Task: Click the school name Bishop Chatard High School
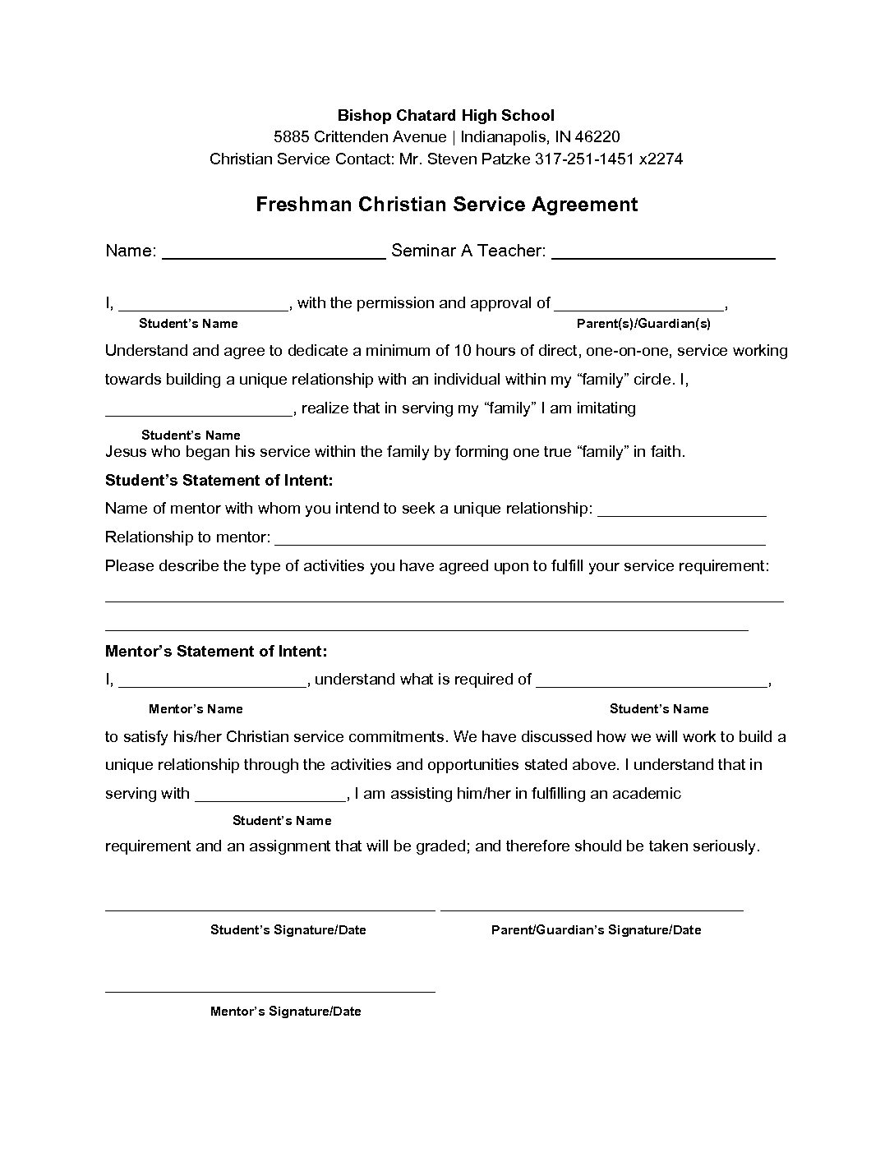pos(446,115)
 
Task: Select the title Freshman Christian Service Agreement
pos(446,205)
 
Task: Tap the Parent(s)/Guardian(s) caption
pos(643,324)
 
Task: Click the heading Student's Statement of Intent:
pos(219,480)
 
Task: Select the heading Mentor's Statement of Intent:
pos(216,652)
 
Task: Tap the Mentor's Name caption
pos(196,709)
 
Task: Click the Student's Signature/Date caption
pos(288,930)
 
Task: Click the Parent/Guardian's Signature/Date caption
pos(596,930)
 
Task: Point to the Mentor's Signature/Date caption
pos(285,1012)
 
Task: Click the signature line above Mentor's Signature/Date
pos(270,991)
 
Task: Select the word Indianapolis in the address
pos(504,136)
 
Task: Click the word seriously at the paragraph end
pos(725,846)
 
